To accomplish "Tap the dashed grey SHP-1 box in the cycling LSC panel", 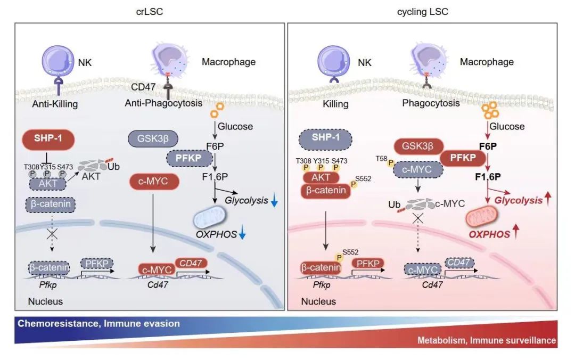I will pyautogui.click(x=326, y=139).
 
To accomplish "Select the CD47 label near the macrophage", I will pyautogui.click(x=143, y=86).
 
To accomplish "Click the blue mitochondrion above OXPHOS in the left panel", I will pyautogui.click(x=209, y=217).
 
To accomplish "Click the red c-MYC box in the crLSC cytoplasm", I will pyautogui.click(x=152, y=182).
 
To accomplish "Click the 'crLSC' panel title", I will pyautogui.click(x=150, y=12).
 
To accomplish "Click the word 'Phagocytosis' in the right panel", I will pyautogui.click(x=431, y=103).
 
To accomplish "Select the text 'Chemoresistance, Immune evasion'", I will pyautogui.click(x=99, y=323).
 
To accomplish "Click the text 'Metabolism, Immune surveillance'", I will pyautogui.click(x=486, y=340).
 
